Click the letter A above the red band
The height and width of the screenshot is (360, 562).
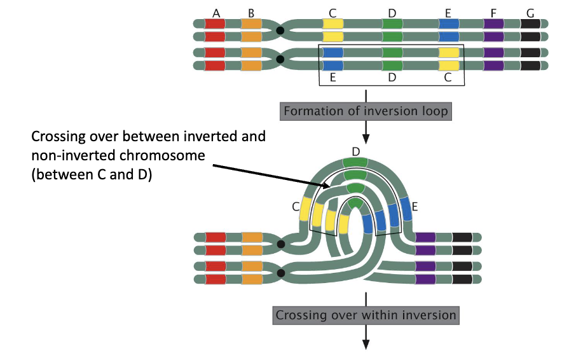[x=217, y=13]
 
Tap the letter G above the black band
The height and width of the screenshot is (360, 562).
[x=530, y=13]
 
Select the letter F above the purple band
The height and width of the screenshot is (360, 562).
[x=493, y=13]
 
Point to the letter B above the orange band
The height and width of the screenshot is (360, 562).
[x=251, y=13]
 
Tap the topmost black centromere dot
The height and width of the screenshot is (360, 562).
[x=280, y=30]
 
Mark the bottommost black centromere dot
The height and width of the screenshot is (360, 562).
[x=280, y=273]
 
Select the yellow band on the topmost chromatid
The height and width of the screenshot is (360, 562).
[x=333, y=24]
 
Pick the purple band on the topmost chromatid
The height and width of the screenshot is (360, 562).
[x=493, y=24]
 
